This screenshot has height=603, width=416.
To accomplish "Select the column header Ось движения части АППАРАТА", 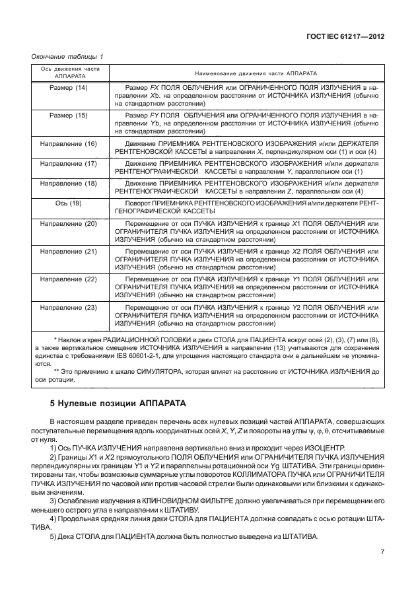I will click(x=70, y=72).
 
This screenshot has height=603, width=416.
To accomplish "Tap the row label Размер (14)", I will click(x=70, y=88).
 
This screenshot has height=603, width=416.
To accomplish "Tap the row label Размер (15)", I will click(x=70, y=116).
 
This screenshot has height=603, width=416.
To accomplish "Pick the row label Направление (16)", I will click(x=70, y=143).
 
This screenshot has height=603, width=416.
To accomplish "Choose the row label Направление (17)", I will click(x=70, y=162).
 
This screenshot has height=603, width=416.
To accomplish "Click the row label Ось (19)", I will click(x=70, y=203).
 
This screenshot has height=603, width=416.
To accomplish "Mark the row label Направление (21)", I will click(x=70, y=252).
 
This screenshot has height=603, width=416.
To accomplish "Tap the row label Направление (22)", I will click(x=70, y=279).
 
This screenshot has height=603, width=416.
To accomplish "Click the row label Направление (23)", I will click(x=70, y=308).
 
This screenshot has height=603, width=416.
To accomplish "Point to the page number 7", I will click(x=381, y=552).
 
